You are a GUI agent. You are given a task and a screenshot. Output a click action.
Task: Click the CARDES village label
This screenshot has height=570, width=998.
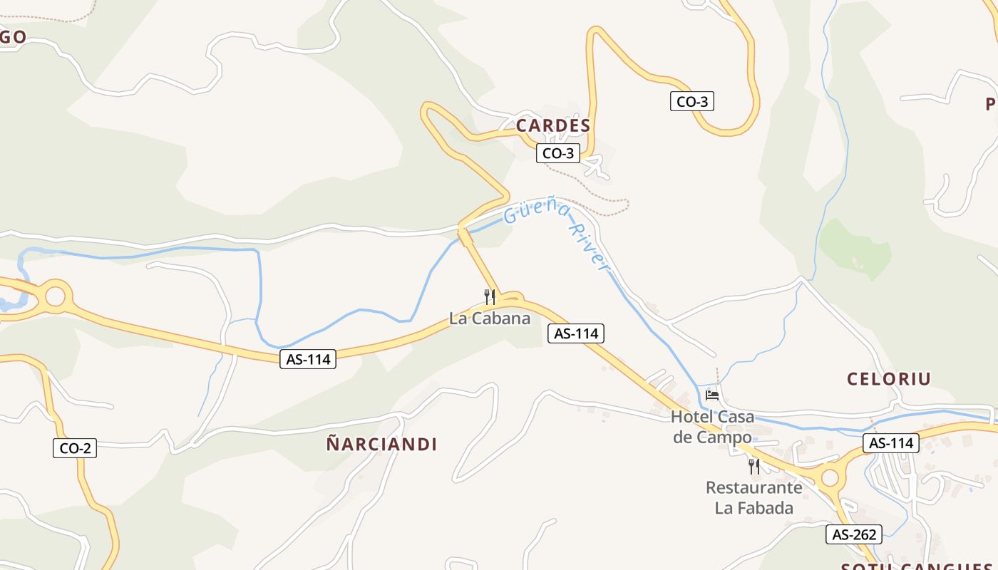[x=552, y=126]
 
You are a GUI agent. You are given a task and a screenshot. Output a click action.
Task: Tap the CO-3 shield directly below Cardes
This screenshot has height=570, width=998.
[x=558, y=153]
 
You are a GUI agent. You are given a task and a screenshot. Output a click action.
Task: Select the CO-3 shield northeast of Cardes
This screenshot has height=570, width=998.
[x=691, y=102]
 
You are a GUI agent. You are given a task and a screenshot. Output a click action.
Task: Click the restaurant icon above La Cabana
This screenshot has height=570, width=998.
[x=489, y=297]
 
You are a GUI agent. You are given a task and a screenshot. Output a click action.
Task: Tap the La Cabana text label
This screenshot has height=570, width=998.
[x=490, y=318]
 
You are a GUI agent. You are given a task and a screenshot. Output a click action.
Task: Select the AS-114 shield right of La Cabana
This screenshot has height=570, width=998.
[x=576, y=333]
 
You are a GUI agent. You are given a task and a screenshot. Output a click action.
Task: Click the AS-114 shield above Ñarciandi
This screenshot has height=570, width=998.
[x=308, y=359]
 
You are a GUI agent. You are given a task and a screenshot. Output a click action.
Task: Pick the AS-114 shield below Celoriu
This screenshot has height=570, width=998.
[x=891, y=443]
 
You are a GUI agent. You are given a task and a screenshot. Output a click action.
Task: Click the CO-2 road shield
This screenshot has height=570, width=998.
[x=75, y=448]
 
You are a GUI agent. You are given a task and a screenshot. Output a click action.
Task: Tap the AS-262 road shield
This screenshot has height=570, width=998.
[x=854, y=534]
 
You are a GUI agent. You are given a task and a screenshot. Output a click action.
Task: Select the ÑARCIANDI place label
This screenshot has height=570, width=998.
[x=381, y=445]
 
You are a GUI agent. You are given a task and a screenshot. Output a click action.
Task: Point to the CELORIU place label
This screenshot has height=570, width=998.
[x=889, y=379]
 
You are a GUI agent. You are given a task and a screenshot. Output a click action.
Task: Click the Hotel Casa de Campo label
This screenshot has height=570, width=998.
[x=712, y=427]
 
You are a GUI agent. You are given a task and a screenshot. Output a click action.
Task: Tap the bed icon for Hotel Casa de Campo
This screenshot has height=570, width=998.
[x=711, y=395]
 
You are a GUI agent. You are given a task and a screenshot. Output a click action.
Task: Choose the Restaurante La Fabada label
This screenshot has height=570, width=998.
[x=753, y=497]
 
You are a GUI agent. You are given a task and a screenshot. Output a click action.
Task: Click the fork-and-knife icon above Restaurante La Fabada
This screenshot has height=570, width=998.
[x=753, y=467]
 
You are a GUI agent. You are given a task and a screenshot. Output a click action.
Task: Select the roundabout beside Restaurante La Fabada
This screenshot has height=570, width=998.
[x=829, y=477]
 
